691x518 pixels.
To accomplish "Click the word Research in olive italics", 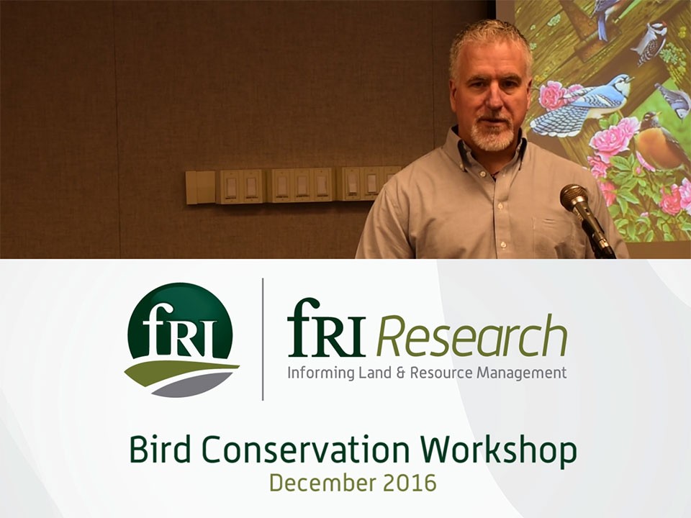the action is pos(471,336).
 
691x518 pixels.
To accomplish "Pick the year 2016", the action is pos(410,483).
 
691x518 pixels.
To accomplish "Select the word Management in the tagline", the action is pos(522,373).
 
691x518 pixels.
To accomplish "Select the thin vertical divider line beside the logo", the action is pos(263,339).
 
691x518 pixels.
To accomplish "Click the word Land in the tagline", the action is pos(375,373).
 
